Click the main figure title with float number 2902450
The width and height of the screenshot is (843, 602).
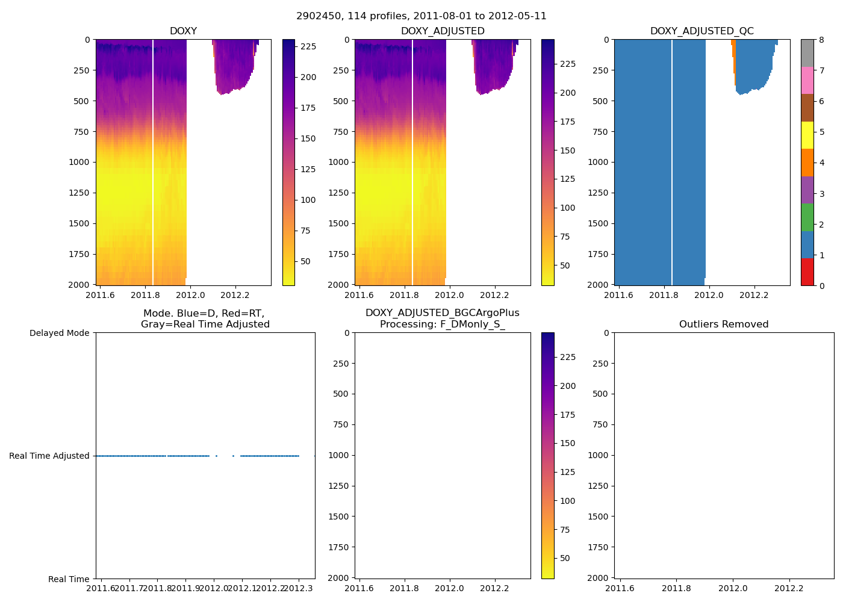(421, 16)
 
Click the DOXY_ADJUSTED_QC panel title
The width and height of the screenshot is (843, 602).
(701, 31)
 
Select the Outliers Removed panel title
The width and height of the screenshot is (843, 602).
(724, 324)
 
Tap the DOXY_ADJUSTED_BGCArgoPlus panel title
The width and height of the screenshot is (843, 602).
(442, 318)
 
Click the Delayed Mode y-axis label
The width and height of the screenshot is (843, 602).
(59, 333)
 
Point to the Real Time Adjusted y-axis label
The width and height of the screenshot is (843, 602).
(49, 456)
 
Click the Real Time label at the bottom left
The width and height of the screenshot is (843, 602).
(69, 579)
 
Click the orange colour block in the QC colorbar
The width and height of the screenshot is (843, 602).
(807, 163)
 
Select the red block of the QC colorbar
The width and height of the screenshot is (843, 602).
(807, 272)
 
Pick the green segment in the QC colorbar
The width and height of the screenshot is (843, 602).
(807, 217)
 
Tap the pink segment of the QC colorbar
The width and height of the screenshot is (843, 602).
(807, 81)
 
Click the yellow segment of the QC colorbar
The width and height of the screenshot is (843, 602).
(807, 135)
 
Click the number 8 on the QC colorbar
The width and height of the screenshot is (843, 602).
(822, 40)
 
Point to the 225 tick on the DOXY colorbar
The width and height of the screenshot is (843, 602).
(308, 46)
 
